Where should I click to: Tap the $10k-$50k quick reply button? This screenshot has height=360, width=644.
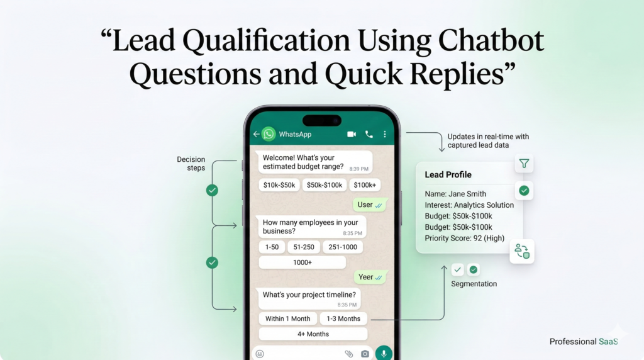pyautogui.click(x=279, y=185)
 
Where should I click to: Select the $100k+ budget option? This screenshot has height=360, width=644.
pyautogui.click(x=365, y=185)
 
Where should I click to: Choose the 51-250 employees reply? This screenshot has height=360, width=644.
pyautogui.click(x=304, y=247)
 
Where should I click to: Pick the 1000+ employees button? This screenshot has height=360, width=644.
pyautogui.click(x=303, y=262)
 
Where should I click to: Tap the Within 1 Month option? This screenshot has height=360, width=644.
pyautogui.click(x=287, y=318)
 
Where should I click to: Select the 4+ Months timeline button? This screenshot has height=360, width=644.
pyautogui.click(x=313, y=334)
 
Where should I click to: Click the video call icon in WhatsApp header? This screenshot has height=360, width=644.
pyautogui.click(x=352, y=135)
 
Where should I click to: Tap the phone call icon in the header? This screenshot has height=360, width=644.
pyautogui.click(x=369, y=135)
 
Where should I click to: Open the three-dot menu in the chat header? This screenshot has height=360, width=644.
pyautogui.click(x=385, y=135)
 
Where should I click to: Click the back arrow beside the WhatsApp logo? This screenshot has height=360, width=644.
pyautogui.click(x=257, y=134)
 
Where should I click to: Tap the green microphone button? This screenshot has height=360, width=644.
pyautogui.click(x=384, y=353)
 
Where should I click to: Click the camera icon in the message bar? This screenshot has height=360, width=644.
pyautogui.click(x=365, y=354)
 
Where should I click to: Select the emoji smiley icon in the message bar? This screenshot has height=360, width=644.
pyautogui.click(x=260, y=354)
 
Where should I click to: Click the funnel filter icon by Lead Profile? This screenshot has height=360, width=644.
pyautogui.click(x=524, y=164)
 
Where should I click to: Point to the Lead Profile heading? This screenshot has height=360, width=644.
pyautogui.click(x=448, y=175)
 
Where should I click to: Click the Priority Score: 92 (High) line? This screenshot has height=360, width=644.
pyautogui.click(x=465, y=239)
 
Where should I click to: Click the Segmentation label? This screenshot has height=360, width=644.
pyautogui.click(x=474, y=284)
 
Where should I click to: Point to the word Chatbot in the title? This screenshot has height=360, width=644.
pyautogui.click(x=491, y=41)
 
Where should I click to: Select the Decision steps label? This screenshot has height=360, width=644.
pyautogui.click(x=191, y=164)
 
